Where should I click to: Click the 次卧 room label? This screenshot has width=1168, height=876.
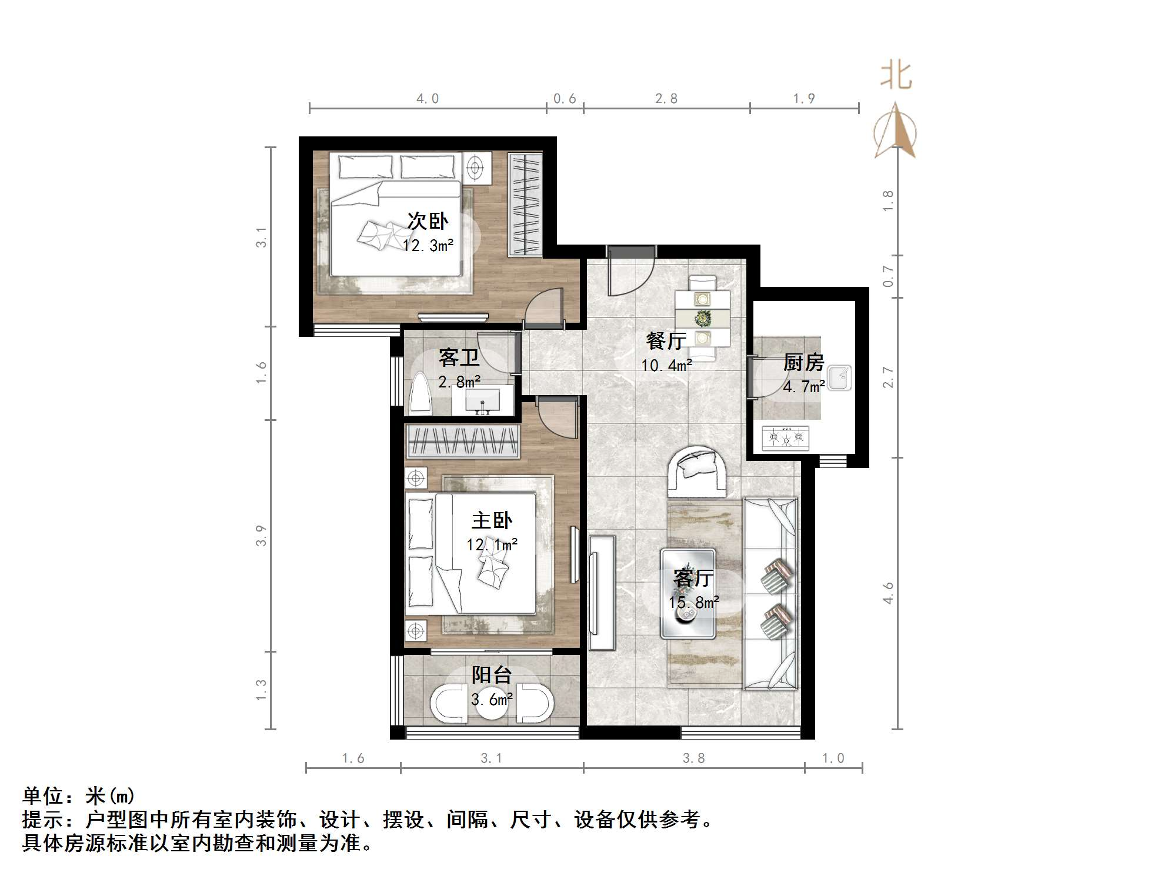click(428, 222)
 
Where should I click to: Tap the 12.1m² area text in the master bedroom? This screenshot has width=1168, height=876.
click(492, 545)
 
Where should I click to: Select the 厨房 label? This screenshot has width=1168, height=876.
click(803, 362)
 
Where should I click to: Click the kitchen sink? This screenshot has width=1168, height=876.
click(839, 377)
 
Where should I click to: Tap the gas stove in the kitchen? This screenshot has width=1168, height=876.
click(786, 437)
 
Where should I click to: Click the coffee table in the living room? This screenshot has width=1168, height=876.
click(688, 594)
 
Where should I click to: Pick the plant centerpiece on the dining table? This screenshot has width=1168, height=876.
click(702, 319)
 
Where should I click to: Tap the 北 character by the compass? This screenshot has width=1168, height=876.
click(896, 76)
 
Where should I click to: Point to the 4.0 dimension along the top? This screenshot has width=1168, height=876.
click(428, 99)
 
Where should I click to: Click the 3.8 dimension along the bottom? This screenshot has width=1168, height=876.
click(694, 758)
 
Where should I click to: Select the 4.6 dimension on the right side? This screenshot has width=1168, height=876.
click(888, 593)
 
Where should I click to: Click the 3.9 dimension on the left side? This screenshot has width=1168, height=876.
click(261, 536)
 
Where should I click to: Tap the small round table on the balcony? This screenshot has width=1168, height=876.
click(492, 706)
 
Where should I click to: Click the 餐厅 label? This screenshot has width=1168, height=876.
click(666, 340)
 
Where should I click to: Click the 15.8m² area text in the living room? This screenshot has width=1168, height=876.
click(694, 603)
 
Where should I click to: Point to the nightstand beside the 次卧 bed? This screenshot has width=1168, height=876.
click(476, 168)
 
